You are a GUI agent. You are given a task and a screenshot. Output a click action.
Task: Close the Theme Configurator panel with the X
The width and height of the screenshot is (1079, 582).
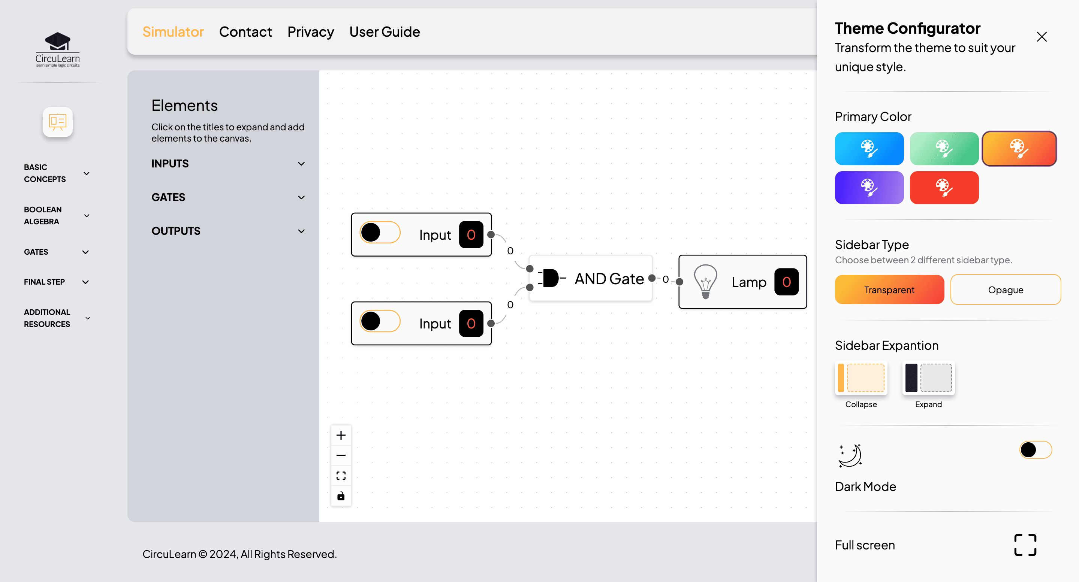pos(1041,37)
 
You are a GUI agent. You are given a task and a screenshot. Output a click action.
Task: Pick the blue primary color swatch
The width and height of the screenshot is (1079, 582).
pos(869,149)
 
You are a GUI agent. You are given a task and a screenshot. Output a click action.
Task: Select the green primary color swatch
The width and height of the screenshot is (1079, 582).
pos(944,149)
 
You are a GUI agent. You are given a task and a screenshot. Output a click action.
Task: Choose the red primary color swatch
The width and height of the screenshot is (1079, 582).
pos(944,188)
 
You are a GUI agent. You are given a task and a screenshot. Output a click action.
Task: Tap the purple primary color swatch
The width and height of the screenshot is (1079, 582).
pos(869,188)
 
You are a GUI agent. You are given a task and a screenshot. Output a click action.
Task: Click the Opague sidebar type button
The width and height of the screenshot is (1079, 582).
pos(1005,290)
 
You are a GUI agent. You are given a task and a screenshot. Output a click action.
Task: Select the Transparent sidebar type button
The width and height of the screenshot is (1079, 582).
pos(889,290)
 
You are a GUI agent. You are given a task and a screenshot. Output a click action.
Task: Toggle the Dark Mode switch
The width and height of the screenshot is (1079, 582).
pos(1035,450)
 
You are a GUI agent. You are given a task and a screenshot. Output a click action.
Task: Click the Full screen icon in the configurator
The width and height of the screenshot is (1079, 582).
pos(1025,545)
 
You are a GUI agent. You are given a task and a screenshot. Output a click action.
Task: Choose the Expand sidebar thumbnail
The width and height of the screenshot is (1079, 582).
pos(928,378)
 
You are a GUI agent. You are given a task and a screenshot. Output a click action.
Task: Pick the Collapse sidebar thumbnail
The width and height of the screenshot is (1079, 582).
pos(861,378)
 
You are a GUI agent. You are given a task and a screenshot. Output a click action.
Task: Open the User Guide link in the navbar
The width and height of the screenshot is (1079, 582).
pos(385,32)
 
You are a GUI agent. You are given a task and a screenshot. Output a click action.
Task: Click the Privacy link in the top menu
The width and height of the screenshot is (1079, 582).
pos(310,32)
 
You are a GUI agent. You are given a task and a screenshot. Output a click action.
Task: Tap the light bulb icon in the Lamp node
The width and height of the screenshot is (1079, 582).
pos(705,281)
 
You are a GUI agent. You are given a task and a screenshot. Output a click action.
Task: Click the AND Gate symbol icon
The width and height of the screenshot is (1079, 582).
pos(551,278)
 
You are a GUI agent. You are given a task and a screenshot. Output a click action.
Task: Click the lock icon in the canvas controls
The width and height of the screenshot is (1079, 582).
pos(341,496)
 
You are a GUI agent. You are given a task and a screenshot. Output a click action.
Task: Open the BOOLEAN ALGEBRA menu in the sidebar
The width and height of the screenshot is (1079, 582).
pos(57,216)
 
